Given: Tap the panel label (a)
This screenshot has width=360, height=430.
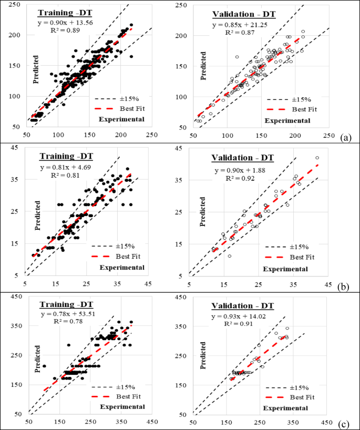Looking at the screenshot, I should pyautogui.click(x=345, y=138).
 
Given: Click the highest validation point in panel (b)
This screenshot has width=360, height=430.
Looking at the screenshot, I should pyautogui.click(x=317, y=158).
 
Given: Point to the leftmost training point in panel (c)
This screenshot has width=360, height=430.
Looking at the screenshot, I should pyautogui.click(x=44, y=366).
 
